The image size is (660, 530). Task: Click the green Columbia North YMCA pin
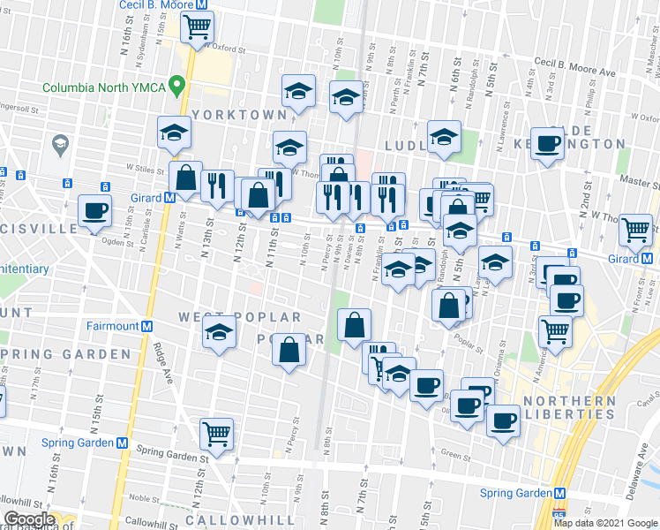177,87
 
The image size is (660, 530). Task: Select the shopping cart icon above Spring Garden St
216,434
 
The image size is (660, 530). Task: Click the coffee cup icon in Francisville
94,211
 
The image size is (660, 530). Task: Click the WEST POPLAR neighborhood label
239,317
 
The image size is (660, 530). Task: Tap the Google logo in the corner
28,519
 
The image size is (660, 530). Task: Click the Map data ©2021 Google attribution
604,523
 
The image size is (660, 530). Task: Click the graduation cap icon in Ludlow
444,136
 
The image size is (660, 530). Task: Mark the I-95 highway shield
558,513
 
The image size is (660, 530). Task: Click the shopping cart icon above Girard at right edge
635,230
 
